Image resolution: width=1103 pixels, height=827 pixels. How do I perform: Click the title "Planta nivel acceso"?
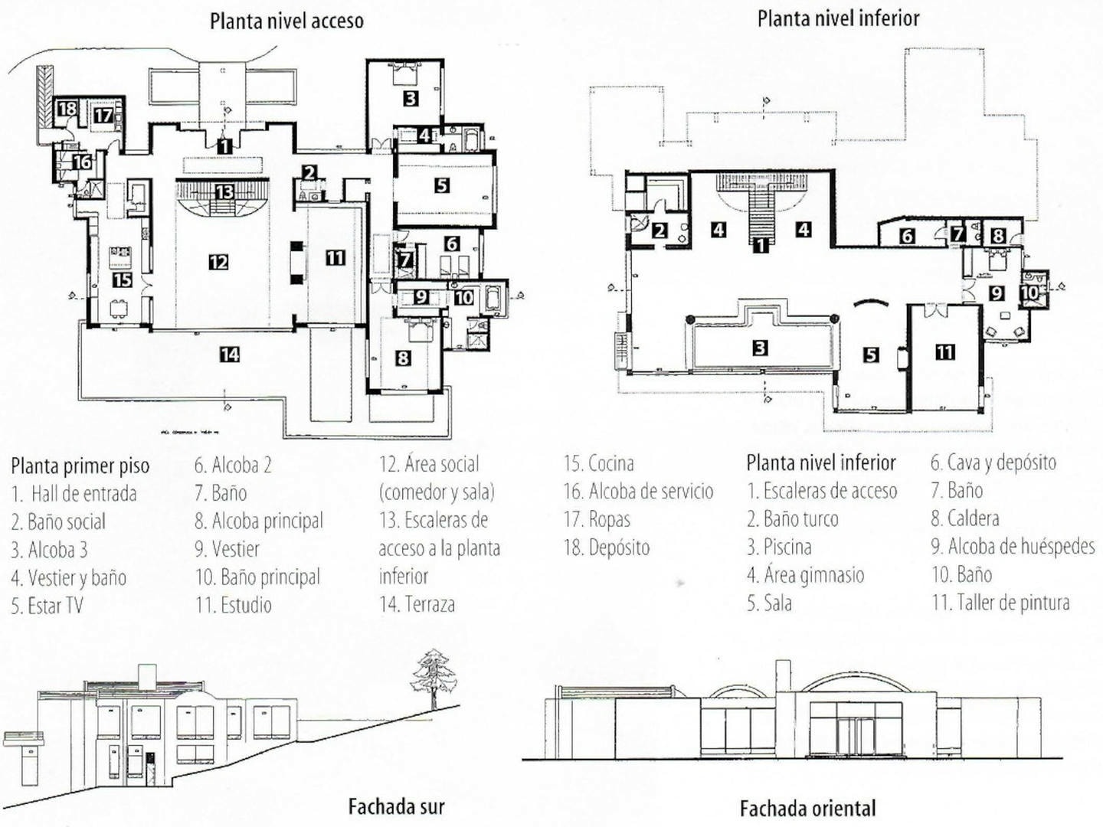point(286,21)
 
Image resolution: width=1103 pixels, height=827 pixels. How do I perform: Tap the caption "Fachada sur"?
point(397,806)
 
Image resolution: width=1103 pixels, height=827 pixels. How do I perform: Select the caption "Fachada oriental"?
point(807,808)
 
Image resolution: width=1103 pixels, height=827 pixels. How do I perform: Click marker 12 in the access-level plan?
point(218,262)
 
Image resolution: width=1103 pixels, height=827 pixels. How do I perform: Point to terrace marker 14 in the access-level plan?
point(230,355)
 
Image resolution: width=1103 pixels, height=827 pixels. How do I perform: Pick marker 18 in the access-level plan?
point(67,109)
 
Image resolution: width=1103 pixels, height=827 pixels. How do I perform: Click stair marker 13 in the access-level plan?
point(224,192)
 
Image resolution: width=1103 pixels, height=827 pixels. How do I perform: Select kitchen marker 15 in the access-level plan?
point(122,279)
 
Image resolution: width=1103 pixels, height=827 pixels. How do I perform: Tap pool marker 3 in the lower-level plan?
point(760,348)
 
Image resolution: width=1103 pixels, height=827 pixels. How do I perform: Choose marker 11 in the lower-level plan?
point(944,351)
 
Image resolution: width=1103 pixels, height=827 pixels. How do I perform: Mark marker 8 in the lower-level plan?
point(998,235)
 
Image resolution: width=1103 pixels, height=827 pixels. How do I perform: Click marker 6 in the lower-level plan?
point(906,235)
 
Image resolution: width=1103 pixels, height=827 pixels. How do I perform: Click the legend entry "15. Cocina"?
point(598,463)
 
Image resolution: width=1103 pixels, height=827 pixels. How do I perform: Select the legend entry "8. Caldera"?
point(965,518)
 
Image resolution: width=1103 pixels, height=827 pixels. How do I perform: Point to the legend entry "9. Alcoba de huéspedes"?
point(1013,546)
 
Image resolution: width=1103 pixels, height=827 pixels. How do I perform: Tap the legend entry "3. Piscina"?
point(779,546)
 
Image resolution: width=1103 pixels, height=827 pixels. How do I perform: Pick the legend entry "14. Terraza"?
point(417,603)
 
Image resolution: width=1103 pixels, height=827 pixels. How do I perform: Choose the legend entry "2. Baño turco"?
point(793,518)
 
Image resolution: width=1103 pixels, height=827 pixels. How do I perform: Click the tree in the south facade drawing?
point(434,678)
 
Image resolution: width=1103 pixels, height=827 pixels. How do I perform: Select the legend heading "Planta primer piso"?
point(80,466)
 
